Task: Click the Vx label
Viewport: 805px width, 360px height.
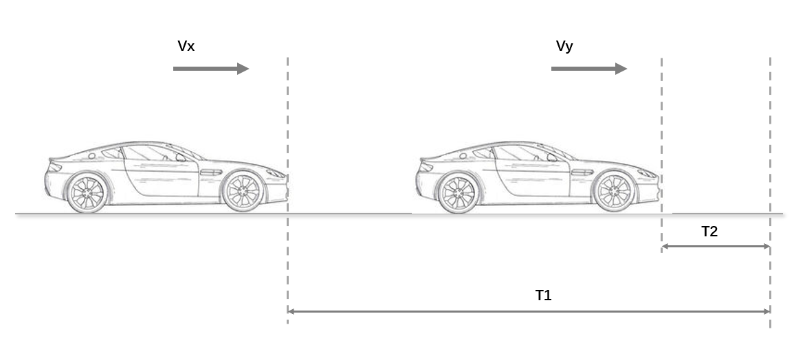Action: coord(186,47)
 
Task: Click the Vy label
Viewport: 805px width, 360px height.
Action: coord(564,47)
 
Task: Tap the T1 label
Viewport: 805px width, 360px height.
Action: coord(543,295)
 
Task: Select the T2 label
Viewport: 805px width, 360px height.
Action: coord(709,232)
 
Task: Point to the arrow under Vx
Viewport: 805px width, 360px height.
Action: coord(210,69)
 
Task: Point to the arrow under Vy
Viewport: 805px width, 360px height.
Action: coord(588,69)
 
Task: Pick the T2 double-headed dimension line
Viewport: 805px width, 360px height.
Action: coord(716,246)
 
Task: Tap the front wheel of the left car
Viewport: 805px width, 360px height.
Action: coord(242,191)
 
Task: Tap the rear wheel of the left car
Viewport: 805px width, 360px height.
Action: coord(87,192)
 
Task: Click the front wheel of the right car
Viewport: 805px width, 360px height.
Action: coord(614,191)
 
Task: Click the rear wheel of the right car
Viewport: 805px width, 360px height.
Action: coord(459,192)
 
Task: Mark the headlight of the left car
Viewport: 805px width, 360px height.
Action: coord(275,172)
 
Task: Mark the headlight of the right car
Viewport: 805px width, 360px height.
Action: coord(647,172)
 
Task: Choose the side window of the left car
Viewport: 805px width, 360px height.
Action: coord(148,153)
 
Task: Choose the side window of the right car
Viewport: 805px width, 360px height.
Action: coord(520,153)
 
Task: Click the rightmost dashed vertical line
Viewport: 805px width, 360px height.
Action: coord(770,137)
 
